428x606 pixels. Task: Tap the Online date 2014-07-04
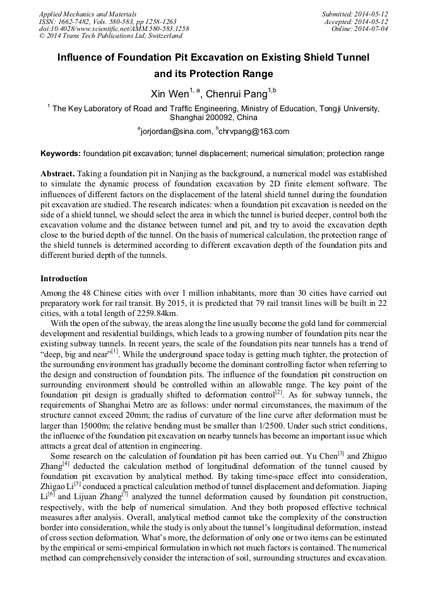[x=372, y=28]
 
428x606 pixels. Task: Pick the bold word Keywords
[x=60, y=154]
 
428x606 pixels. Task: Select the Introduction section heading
[x=64, y=279]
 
